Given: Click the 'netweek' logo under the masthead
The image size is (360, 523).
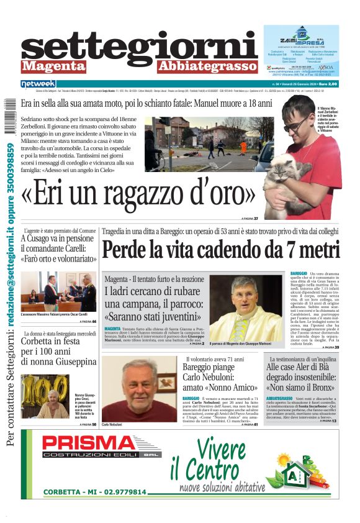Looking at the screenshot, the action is [x=38, y=84].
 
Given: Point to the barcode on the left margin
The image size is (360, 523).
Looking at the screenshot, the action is [x=6, y=121].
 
